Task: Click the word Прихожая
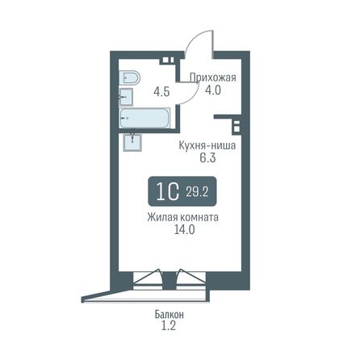[x=212, y=78]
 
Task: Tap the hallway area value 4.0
[x=212, y=90]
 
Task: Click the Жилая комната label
[x=183, y=217]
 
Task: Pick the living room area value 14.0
[x=183, y=230]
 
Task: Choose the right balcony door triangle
[x=190, y=278]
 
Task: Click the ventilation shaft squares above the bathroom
[x=166, y=59]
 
